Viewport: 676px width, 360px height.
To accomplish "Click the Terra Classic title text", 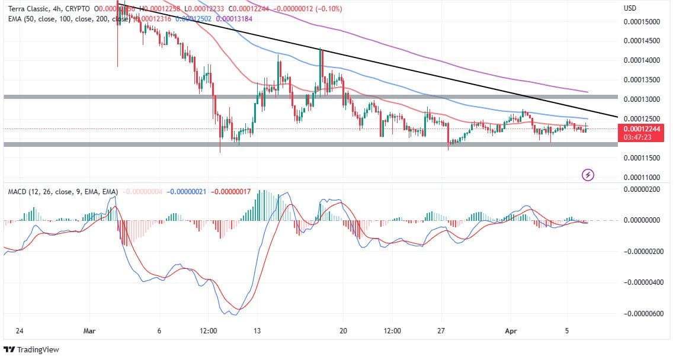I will (30, 9).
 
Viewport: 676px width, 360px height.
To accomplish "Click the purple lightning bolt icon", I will (588, 175).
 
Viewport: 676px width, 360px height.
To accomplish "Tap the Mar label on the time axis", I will (89, 331).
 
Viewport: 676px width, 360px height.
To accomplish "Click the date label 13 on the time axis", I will (257, 331).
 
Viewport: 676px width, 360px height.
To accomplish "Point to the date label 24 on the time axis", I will (20, 331).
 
